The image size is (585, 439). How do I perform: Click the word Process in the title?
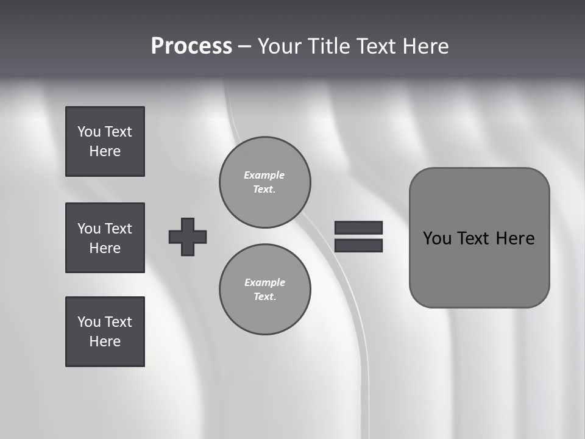pos(191,46)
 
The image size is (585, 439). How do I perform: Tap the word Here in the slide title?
pos(425,46)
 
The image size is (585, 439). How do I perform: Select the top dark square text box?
pos(105,141)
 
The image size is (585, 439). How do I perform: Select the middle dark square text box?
pos(105,238)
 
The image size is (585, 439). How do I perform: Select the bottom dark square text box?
pos(105,332)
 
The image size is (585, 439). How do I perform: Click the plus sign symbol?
pos(188,237)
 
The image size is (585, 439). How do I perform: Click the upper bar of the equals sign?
pos(358,227)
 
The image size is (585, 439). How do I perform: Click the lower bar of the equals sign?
pos(358,245)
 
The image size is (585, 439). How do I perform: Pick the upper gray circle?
pos(265,182)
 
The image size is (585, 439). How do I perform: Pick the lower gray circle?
pos(265,290)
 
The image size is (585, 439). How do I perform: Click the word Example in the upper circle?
pos(264,175)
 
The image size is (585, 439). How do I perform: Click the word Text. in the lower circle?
pos(264,297)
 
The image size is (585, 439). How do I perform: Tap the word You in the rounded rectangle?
pos(437,238)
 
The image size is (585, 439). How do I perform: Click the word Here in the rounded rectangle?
pos(515,238)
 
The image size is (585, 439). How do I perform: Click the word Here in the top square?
pos(105,151)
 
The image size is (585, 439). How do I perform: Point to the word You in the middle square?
pos(89,229)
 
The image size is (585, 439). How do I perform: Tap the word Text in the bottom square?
pos(118,322)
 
